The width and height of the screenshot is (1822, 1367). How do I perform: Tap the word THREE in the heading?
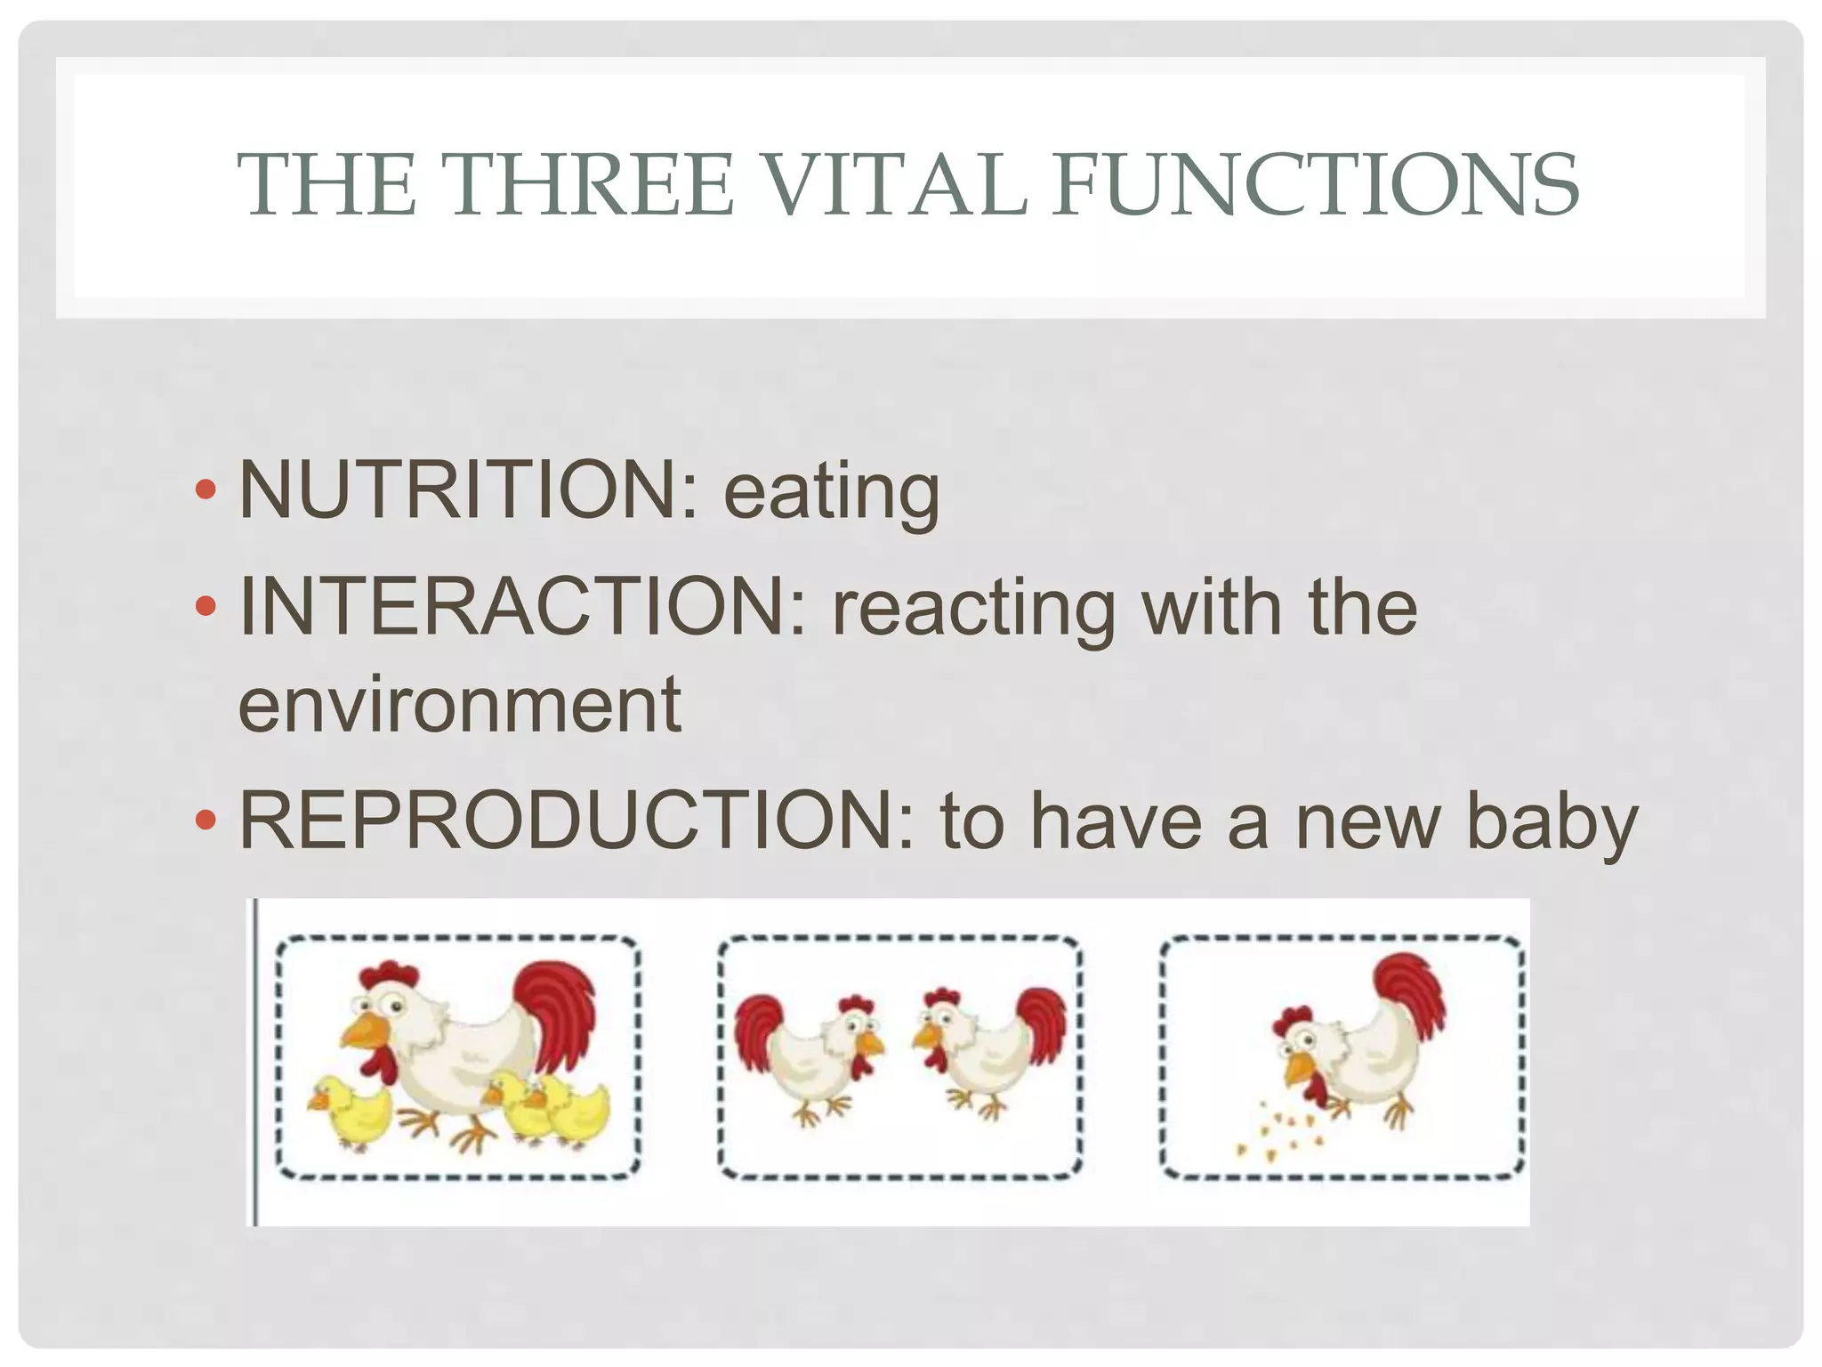click(593, 184)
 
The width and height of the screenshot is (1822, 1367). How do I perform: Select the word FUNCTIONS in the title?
click(1316, 184)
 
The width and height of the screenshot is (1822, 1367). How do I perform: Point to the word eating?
click(831, 494)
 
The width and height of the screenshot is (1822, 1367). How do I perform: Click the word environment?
click(459, 705)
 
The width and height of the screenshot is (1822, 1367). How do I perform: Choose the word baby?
click(1551, 824)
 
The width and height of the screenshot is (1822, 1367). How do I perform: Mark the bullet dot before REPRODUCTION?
click(206, 820)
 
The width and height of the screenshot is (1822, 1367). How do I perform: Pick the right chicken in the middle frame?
click(988, 1050)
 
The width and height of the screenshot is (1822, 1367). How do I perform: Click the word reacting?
click(973, 610)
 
